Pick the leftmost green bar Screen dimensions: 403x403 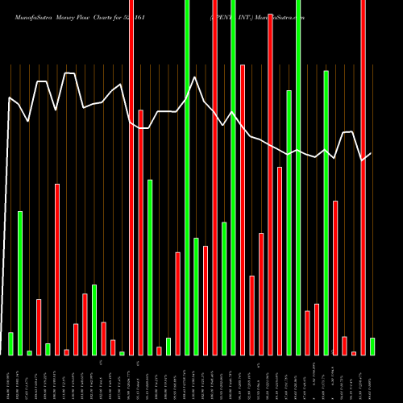point(10,343)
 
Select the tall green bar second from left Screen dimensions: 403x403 point(20,282)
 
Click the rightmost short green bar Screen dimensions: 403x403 point(372,347)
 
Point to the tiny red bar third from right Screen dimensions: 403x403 point(354,353)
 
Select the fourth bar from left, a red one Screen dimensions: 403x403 point(39,326)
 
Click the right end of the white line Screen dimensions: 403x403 point(371,153)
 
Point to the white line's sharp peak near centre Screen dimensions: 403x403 point(194,77)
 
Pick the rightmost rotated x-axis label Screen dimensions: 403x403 point(372,379)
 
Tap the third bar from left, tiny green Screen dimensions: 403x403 point(29,353)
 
